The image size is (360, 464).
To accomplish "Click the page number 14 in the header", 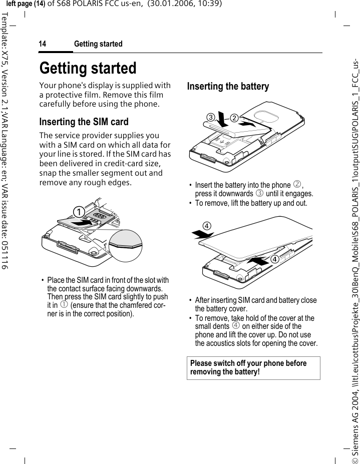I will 43,44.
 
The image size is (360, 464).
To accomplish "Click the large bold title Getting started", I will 88,68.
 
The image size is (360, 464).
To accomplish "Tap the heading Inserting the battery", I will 228,87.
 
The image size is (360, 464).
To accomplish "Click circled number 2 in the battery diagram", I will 234,118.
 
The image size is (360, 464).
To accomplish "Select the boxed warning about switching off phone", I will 253,368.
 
